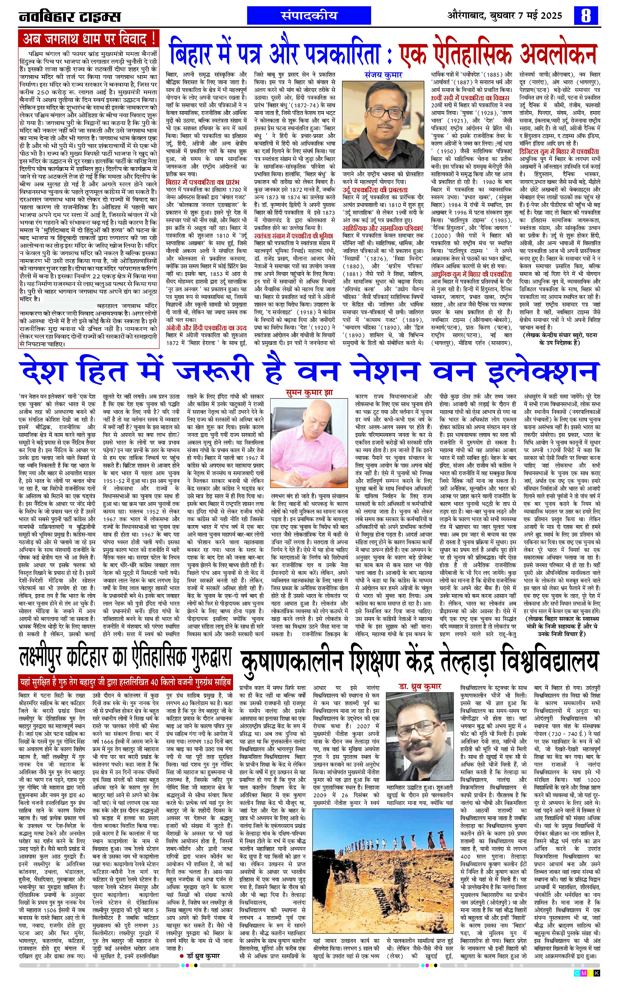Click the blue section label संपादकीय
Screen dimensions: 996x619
(x=309, y=15)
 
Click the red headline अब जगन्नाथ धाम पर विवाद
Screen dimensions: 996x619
(x=89, y=39)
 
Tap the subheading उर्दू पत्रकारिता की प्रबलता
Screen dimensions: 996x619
(x=375, y=189)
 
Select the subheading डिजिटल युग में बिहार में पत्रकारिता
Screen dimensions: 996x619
(x=559, y=151)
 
